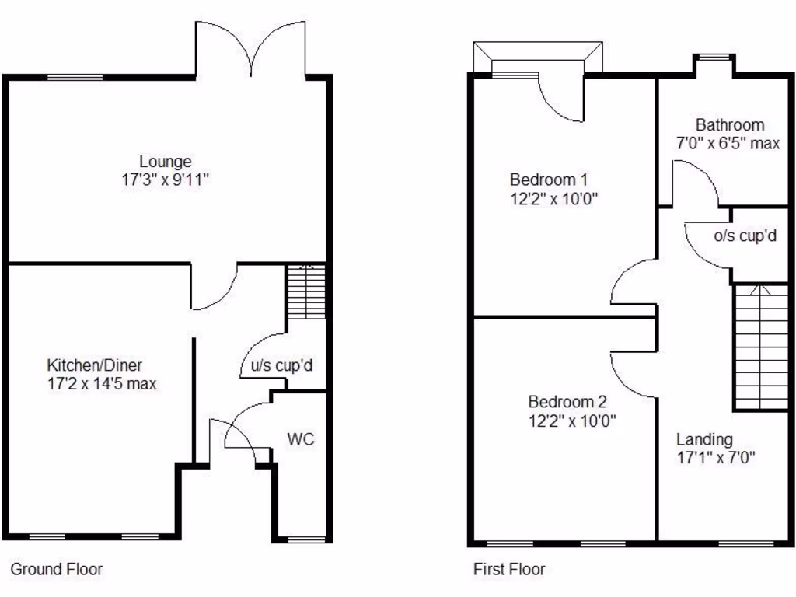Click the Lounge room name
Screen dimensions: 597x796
coord(166,162)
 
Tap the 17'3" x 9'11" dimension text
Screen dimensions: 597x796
coord(166,180)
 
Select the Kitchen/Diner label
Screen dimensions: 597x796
coord(95,365)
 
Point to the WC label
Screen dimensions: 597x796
coord(301,439)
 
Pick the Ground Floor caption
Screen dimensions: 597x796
coord(56,569)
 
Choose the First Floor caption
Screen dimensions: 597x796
coord(509,569)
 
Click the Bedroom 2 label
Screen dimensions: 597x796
coord(567,402)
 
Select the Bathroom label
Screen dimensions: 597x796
coord(730,124)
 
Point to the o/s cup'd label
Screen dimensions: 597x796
coord(745,235)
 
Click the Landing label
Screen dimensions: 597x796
coord(703,439)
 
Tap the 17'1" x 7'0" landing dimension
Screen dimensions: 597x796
coord(716,457)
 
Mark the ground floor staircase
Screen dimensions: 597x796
coord(306,292)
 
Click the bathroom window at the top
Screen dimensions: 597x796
coord(714,57)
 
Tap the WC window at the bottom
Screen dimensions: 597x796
coord(305,539)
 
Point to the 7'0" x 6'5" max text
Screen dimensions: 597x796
coord(728,143)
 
